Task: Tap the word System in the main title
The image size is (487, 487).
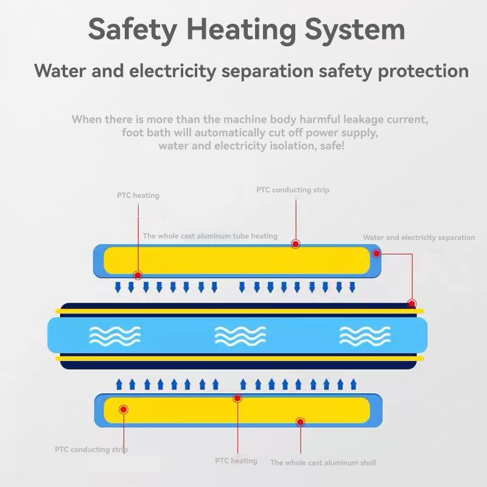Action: pyautogui.click(x=354, y=29)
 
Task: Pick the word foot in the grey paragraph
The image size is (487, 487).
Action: pyautogui.click(x=133, y=133)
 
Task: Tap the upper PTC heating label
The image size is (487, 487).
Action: pyautogui.click(x=138, y=195)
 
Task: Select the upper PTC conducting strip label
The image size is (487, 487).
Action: pyautogui.click(x=293, y=190)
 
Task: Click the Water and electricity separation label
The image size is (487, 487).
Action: pyautogui.click(x=419, y=237)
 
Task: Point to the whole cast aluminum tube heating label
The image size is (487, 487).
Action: pyautogui.click(x=210, y=236)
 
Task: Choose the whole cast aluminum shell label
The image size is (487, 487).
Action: pyautogui.click(x=323, y=463)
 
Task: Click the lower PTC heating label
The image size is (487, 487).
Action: pyautogui.click(x=236, y=461)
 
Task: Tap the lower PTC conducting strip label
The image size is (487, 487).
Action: pyautogui.click(x=91, y=450)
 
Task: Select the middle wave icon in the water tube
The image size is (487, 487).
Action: pyautogui.click(x=240, y=336)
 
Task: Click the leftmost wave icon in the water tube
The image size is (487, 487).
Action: pyautogui.click(x=115, y=336)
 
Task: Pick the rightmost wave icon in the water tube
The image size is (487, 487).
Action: pyautogui.click(x=365, y=336)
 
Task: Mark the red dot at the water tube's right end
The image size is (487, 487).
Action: pyautogui.click(x=412, y=304)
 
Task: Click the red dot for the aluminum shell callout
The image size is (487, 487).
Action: pyautogui.click(x=300, y=421)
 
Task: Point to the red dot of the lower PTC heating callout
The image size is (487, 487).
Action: pyautogui.click(x=237, y=398)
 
